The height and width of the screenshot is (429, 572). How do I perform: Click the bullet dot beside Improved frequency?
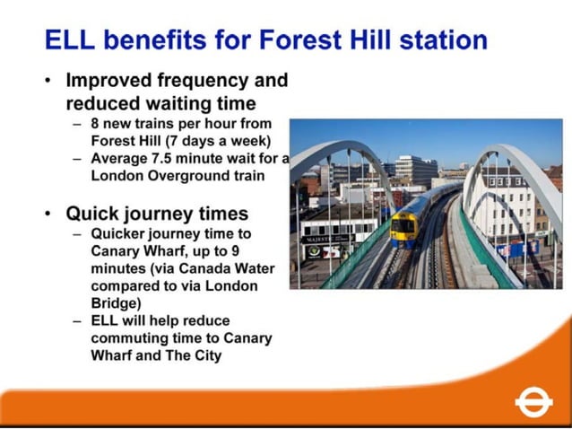click(48, 81)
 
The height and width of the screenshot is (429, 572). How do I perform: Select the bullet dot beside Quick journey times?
click(48, 214)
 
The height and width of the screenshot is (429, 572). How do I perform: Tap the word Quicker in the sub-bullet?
click(120, 235)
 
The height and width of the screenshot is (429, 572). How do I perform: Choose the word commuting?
click(126, 337)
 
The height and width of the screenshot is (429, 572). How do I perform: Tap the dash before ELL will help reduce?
click(78, 320)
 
